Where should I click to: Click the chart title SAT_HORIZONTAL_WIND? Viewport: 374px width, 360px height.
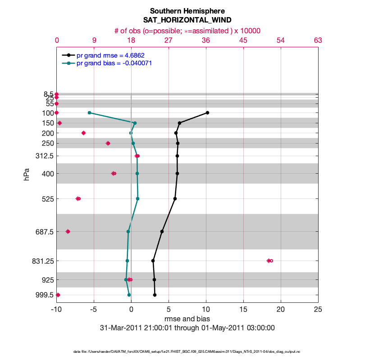pos(187,20)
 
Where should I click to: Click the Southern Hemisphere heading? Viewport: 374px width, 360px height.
pos(187,11)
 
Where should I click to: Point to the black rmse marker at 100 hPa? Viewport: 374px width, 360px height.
pos(207,112)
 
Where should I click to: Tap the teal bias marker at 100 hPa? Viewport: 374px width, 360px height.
pos(89,112)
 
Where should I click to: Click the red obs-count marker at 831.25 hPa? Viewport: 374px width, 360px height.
pos(269,261)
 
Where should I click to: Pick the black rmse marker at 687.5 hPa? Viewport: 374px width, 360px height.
pos(162,231)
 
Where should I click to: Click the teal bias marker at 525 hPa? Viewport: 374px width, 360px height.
pos(137,198)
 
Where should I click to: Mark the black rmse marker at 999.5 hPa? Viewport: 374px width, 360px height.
pos(155,295)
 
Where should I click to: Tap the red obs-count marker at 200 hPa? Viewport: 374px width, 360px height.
pos(83,133)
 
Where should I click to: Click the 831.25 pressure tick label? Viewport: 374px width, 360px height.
pos(44,261)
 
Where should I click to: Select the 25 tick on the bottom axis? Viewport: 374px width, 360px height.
pos(318,310)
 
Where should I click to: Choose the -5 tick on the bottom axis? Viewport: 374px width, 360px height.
pos(94,310)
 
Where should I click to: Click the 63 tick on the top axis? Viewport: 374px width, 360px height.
pos(318,40)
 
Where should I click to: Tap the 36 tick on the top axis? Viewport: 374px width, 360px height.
pos(206,40)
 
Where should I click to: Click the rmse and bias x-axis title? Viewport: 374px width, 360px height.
pos(187,319)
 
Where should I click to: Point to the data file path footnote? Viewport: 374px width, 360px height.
pos(187,351)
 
